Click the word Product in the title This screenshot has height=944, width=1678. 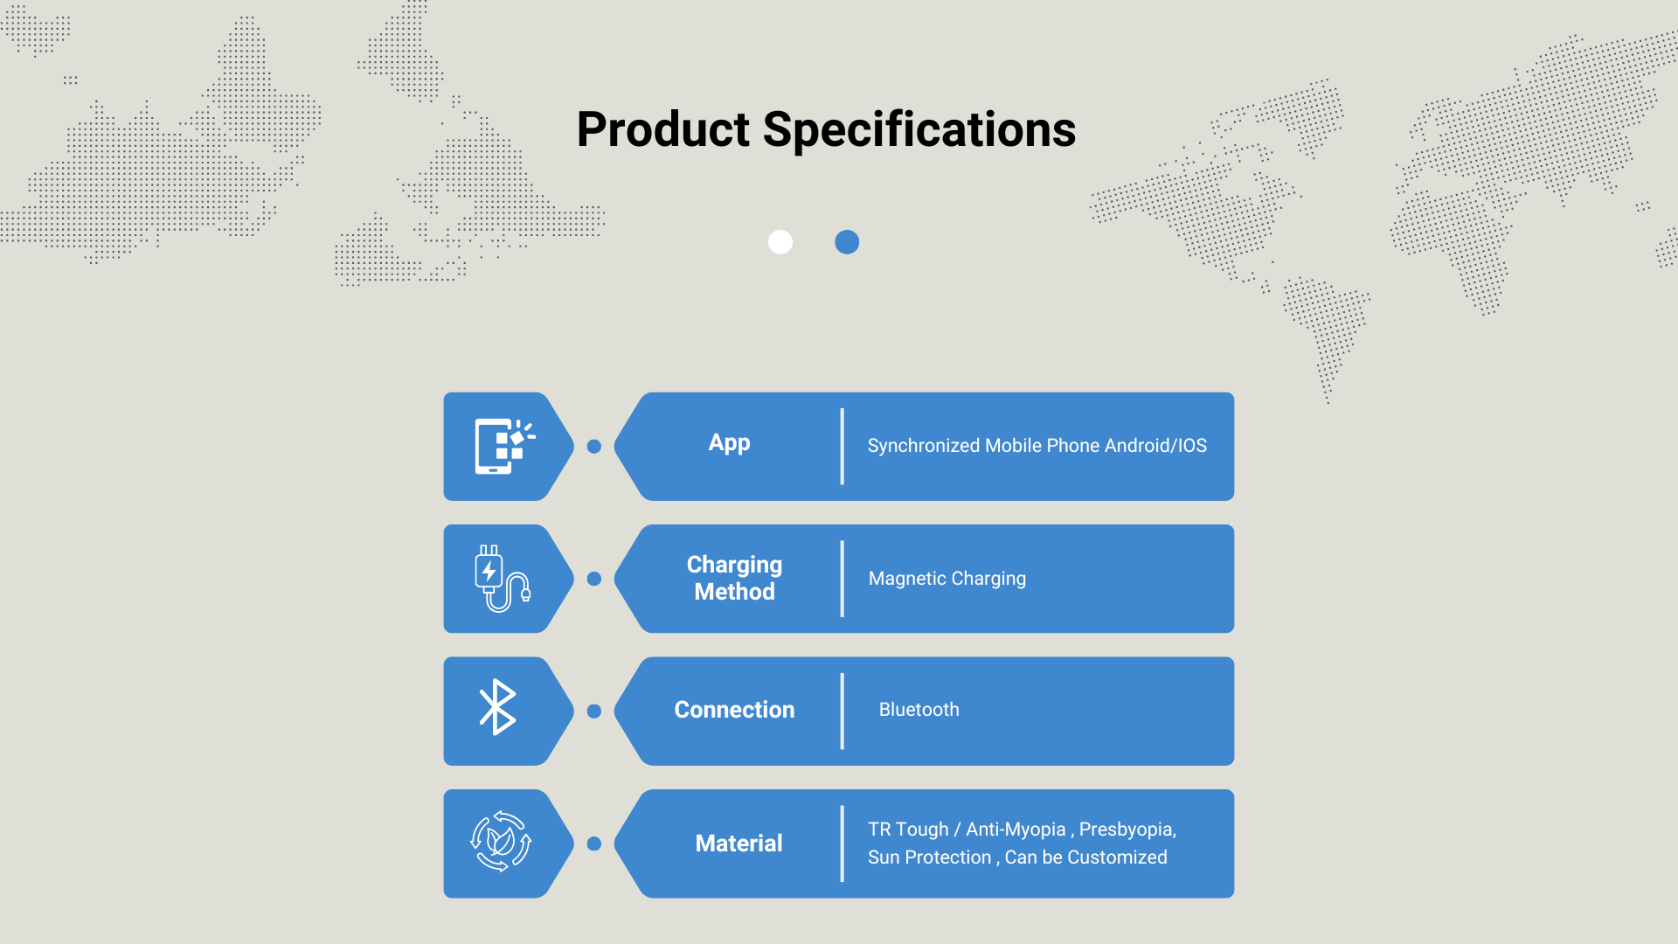click(662, 130)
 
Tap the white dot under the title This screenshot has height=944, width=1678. click(780, 242)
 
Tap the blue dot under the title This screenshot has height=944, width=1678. click(847, 242)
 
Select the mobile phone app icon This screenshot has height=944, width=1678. click(504, 446)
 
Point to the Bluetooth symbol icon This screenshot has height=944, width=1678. click(498, 707)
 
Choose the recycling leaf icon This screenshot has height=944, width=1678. click(501, 842)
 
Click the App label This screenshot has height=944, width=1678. click(730, 443)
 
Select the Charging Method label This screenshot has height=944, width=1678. click(734, 578)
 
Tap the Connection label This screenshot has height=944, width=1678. click(734, 710)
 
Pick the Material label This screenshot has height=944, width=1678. click(738, 843)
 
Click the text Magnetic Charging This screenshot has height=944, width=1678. click(947, 579)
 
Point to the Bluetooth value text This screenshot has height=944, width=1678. click(919, 710)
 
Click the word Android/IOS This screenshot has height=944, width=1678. click(1155, 446)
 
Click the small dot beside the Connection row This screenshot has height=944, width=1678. click(594, 711)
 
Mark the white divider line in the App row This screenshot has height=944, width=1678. click(842, 446)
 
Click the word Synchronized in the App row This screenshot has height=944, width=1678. click(924, 446)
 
